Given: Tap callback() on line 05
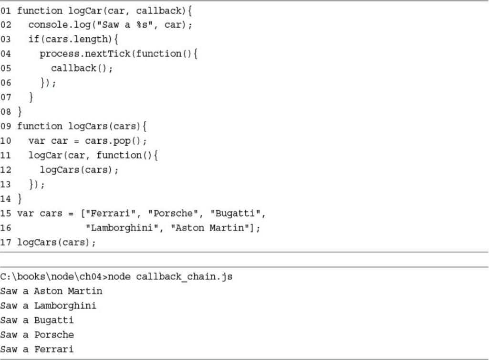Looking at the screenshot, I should pyautogui.click(x=82, y=68).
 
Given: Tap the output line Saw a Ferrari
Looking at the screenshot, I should pyautogui.click(x=37, y=349).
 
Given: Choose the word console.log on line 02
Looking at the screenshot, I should pyautogui.click(x=56, y=25).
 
